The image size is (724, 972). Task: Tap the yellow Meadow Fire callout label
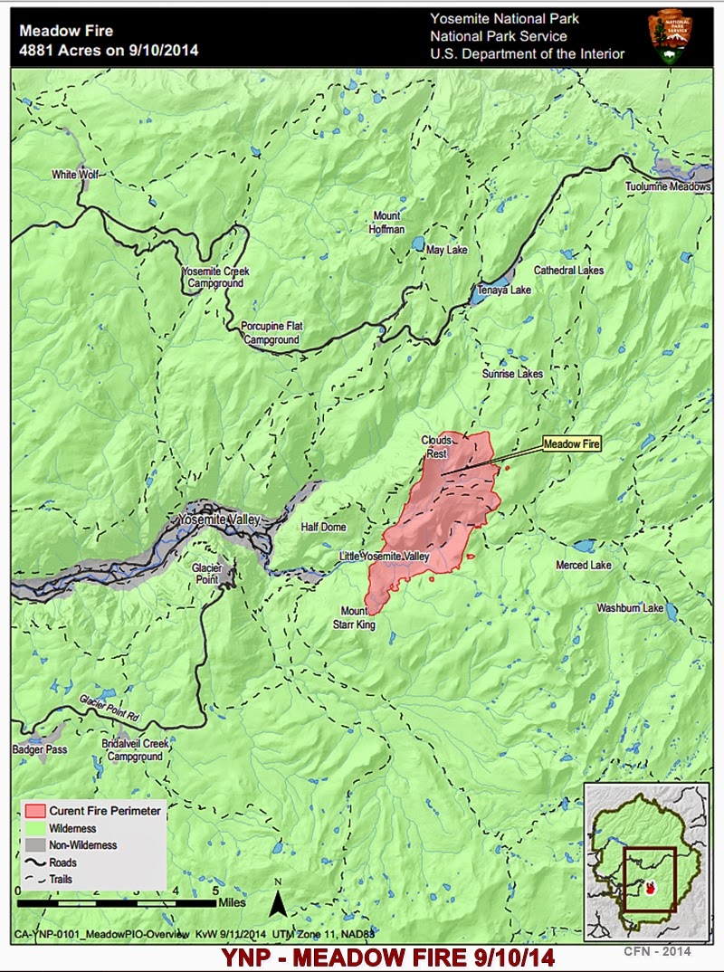[572, 443]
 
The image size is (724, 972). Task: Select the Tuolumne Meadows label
[668, 187]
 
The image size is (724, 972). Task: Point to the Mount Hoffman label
[387, 223]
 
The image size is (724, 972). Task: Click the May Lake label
[447, 250]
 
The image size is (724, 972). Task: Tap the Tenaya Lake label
[506, 291]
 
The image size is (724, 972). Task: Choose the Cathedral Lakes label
[568, 271]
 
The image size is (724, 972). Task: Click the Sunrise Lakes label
[512, 374]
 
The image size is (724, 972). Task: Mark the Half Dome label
[324, 528]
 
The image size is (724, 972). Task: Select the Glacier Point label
[205, 573]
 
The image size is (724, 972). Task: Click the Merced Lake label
[584, 566]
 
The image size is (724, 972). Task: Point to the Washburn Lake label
[630, 609]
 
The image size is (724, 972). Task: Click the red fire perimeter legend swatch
[36, 811]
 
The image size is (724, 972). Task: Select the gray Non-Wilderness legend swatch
[36, 845]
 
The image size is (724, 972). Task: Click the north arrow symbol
[279, 901]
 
